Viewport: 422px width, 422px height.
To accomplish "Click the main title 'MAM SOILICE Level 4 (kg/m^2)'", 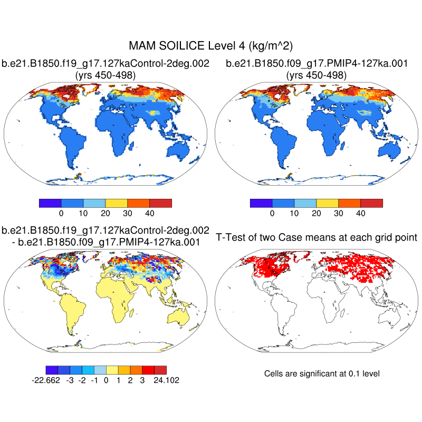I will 211,46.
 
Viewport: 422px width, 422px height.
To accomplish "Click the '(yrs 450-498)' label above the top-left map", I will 105,75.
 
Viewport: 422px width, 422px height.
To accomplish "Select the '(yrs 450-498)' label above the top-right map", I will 316,75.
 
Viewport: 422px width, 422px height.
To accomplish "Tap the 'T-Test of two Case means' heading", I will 316,237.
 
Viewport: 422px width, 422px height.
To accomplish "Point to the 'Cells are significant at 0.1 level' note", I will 322,373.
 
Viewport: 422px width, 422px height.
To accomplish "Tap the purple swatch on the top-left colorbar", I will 51,203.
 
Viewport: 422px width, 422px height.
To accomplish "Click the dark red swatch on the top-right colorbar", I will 371,203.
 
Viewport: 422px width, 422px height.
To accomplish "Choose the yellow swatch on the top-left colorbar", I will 117,203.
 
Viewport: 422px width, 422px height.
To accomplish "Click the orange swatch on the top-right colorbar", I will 349,203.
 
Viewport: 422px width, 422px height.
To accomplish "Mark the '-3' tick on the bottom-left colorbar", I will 70,380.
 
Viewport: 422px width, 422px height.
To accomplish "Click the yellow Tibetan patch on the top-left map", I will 154,112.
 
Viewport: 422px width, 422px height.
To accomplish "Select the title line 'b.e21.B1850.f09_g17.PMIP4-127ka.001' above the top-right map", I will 316,64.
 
